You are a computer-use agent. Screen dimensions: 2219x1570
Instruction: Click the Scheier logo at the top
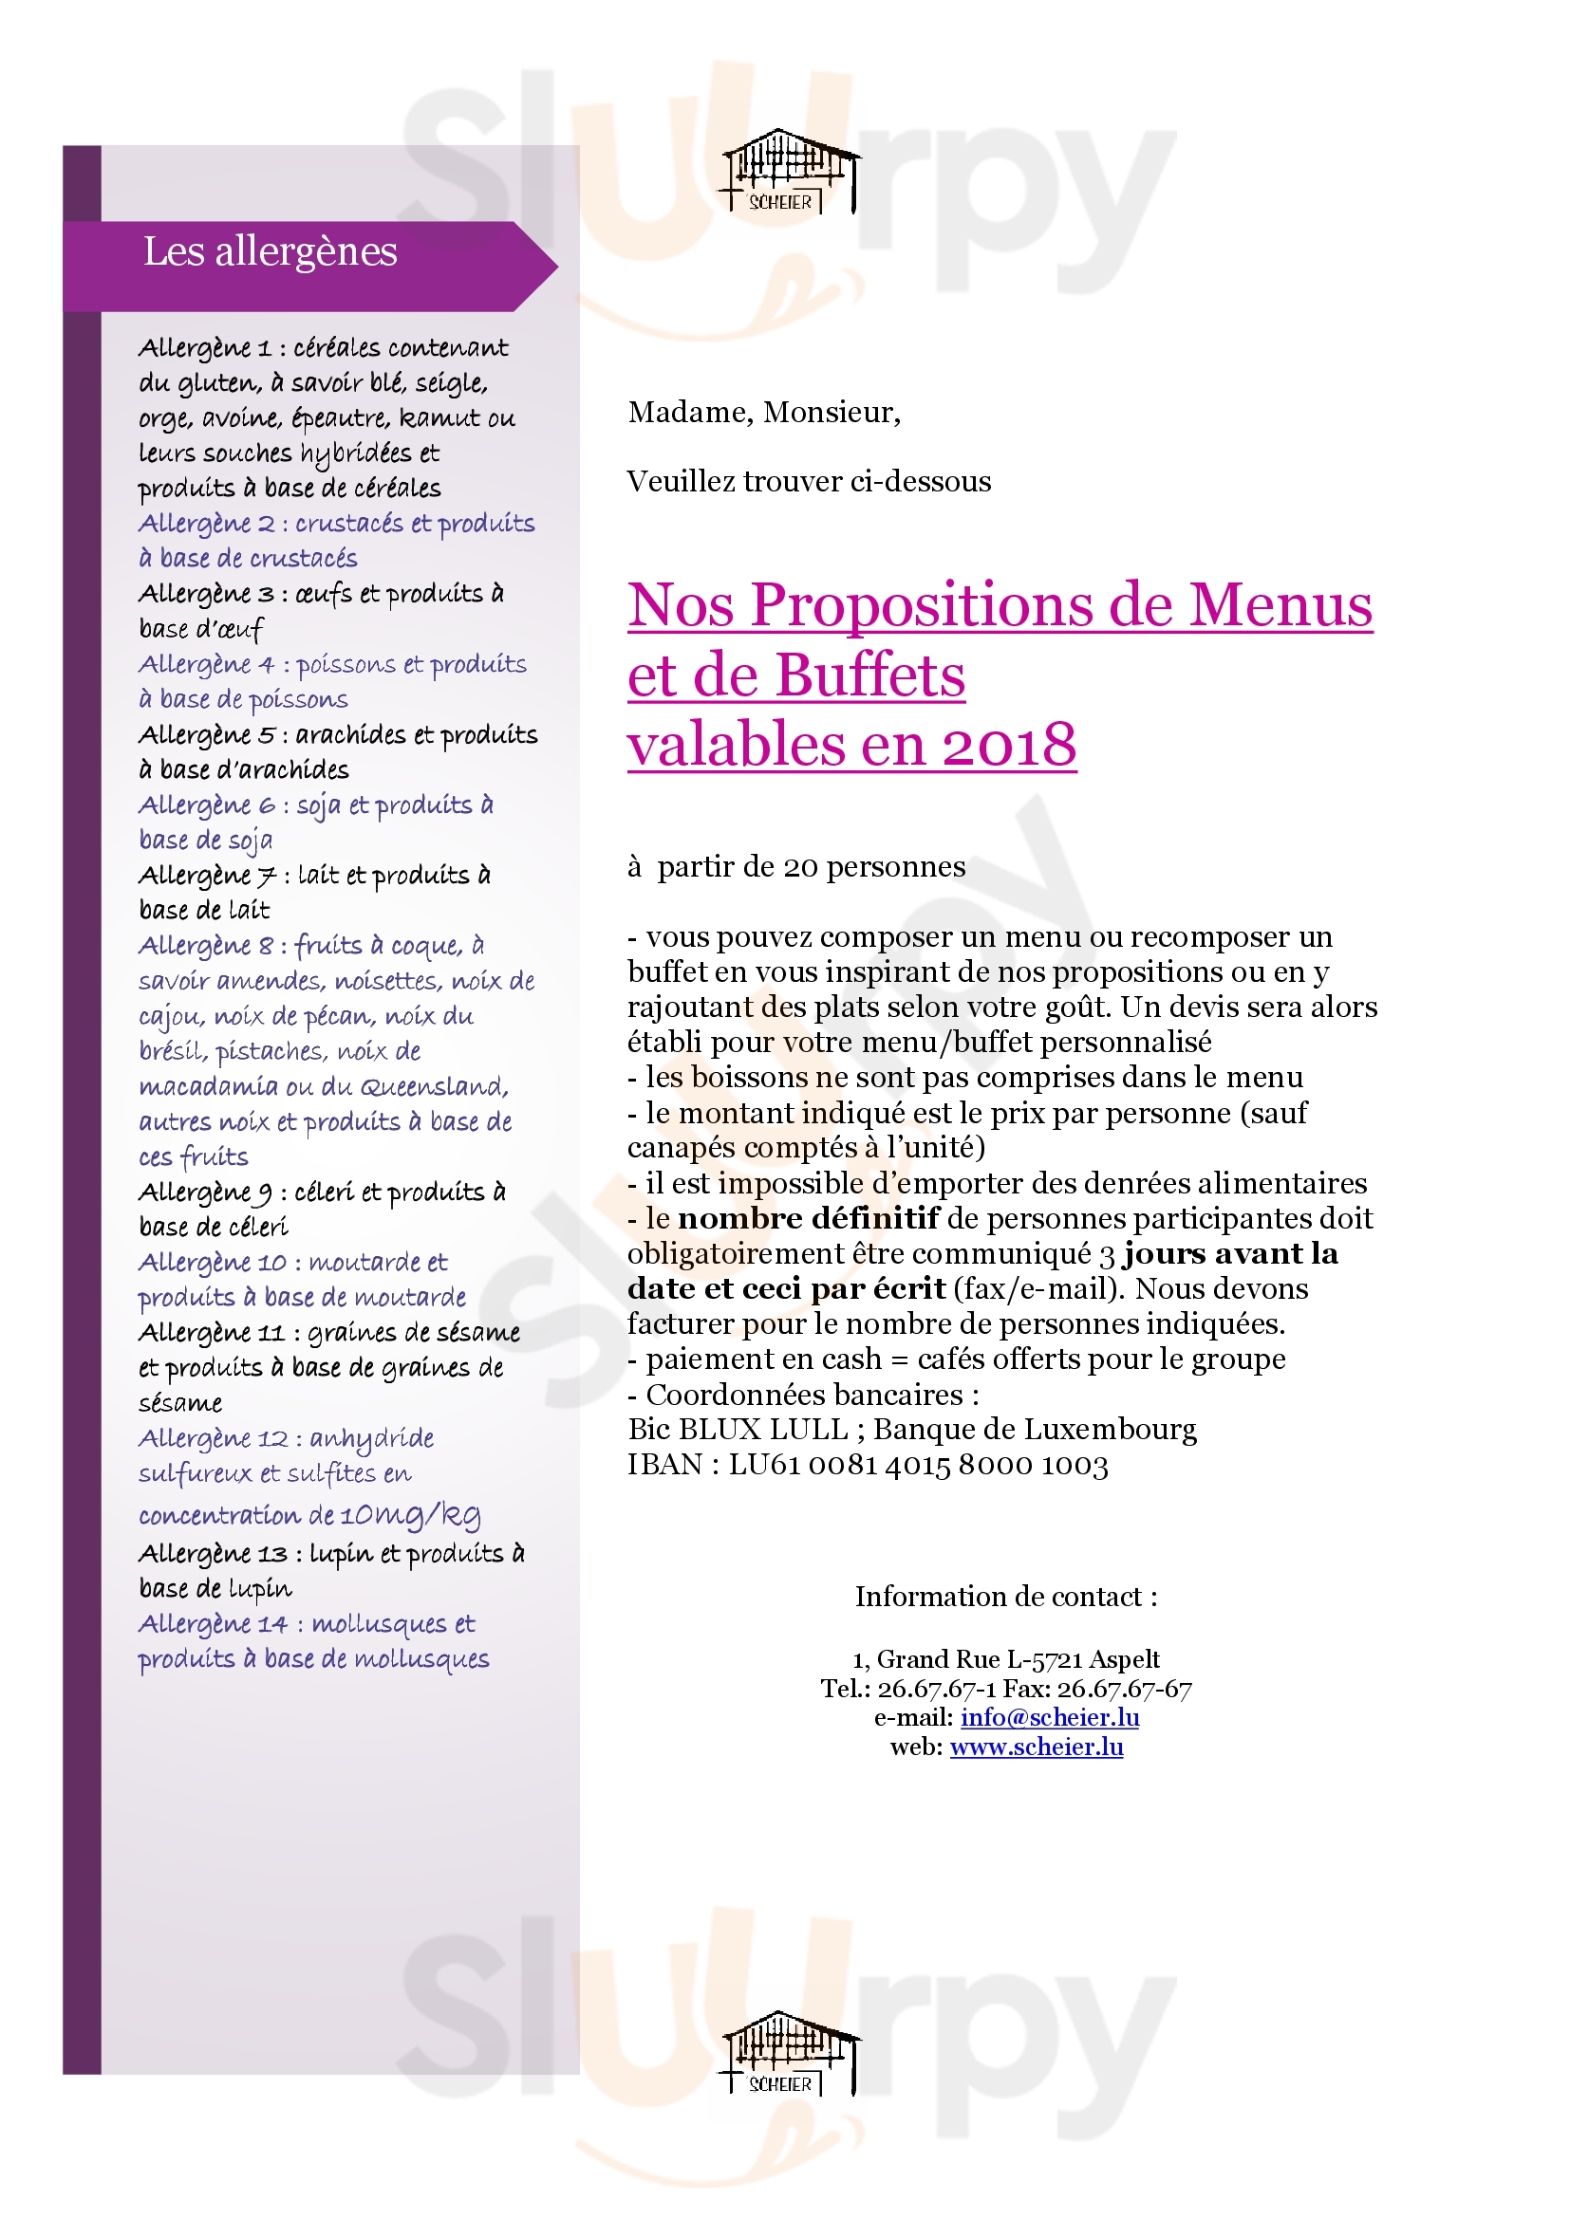point(787,172)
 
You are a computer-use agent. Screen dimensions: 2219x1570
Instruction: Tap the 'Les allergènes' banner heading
point(270,252)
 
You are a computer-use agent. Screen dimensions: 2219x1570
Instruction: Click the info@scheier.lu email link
point(1049,1716)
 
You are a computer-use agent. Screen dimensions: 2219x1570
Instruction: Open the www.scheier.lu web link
point(1036,1747)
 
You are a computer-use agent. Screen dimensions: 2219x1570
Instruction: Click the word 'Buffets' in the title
point(869,675)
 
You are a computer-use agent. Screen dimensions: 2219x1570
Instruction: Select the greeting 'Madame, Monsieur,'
point(764,413)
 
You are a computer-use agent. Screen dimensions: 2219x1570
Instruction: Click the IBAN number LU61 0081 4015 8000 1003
point(918,1465)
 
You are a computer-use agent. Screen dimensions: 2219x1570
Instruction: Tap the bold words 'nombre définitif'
point(808,1219)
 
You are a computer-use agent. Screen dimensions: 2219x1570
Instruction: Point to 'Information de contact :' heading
point(1005,1597)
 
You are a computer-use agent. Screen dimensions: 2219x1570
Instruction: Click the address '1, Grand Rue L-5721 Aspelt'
point(1005,1659)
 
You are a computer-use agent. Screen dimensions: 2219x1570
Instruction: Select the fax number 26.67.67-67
point(1123,1689)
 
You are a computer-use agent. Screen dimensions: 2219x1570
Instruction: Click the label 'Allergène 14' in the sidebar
point(213,1624)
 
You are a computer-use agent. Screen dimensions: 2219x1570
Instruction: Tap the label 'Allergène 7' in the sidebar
point(208,876)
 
